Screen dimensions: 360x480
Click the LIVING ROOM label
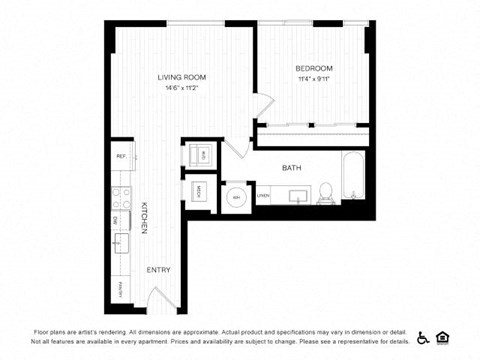(182, 76)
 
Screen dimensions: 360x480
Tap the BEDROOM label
(313, 68)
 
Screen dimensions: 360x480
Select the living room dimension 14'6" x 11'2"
(182, 88)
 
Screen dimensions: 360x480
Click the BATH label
(292, 168)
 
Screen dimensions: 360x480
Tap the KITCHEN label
(144, 217)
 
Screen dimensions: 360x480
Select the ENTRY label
(157, 270)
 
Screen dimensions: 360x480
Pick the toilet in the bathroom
(326, 193)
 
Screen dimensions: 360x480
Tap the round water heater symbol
(236, 196)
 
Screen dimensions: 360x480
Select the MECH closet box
(199, 191)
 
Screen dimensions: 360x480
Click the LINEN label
(263, 196)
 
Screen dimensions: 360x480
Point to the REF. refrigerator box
(121, 156)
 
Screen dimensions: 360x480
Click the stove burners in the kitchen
(118, 195)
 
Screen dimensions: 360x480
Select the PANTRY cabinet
(119, 289)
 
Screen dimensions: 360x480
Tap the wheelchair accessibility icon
(423, 336)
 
